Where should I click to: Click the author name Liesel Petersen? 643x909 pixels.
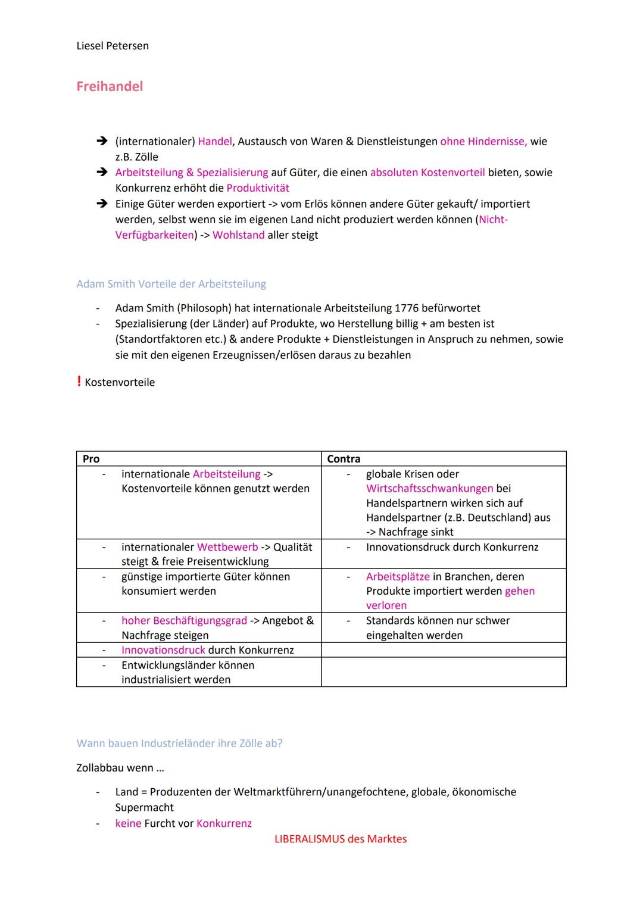pos(113,46)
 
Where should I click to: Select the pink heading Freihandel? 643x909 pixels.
pos(110,86)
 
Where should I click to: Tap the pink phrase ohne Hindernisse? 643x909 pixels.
pos(483,142)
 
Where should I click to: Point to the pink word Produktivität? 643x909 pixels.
pos(258,188)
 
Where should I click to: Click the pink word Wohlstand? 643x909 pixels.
pos(238,235)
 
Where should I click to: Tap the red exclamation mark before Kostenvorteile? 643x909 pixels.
pos(79,382)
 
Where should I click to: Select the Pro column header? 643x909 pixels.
pos(91,459)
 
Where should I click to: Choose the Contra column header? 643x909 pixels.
pos(344,459)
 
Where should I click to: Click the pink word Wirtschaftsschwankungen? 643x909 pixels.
pos(429,489)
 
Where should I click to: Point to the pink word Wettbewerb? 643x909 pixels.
pos(227,547)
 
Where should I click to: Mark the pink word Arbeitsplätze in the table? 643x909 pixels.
pos(398,577)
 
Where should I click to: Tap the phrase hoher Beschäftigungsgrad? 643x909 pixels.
pos(184,621)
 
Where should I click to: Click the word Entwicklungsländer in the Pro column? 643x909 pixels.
pos(169,666)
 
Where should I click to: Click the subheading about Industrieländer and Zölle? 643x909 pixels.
pos(179,744)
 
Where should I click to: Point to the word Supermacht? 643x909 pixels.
pos(145,808)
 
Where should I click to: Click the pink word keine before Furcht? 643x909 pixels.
pos(128,824)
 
